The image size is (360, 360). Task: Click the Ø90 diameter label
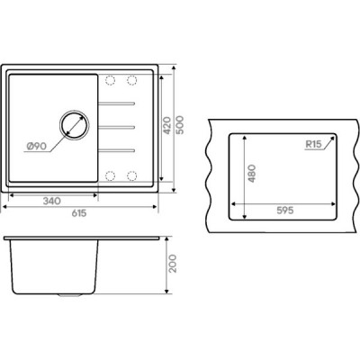[36, 147]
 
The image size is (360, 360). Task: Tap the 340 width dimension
[51, 201]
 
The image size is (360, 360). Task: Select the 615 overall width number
[79, 213]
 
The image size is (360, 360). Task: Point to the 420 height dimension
[166, 126]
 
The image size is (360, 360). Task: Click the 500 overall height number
[179, 125]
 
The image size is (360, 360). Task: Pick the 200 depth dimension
[173, 264]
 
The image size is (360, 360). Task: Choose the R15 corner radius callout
[313, 144]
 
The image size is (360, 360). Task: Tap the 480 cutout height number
[251, 174]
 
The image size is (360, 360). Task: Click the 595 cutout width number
[284, 211]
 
